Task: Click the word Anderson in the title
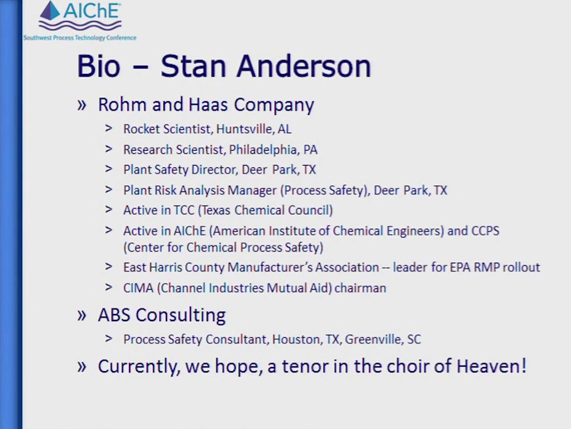point(304,66)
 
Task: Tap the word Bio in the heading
point(98,66)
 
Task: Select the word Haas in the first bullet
point(208,105)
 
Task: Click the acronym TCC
point(184,210)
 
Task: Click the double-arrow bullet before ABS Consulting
point(81,315)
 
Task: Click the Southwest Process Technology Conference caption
point(80,38)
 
